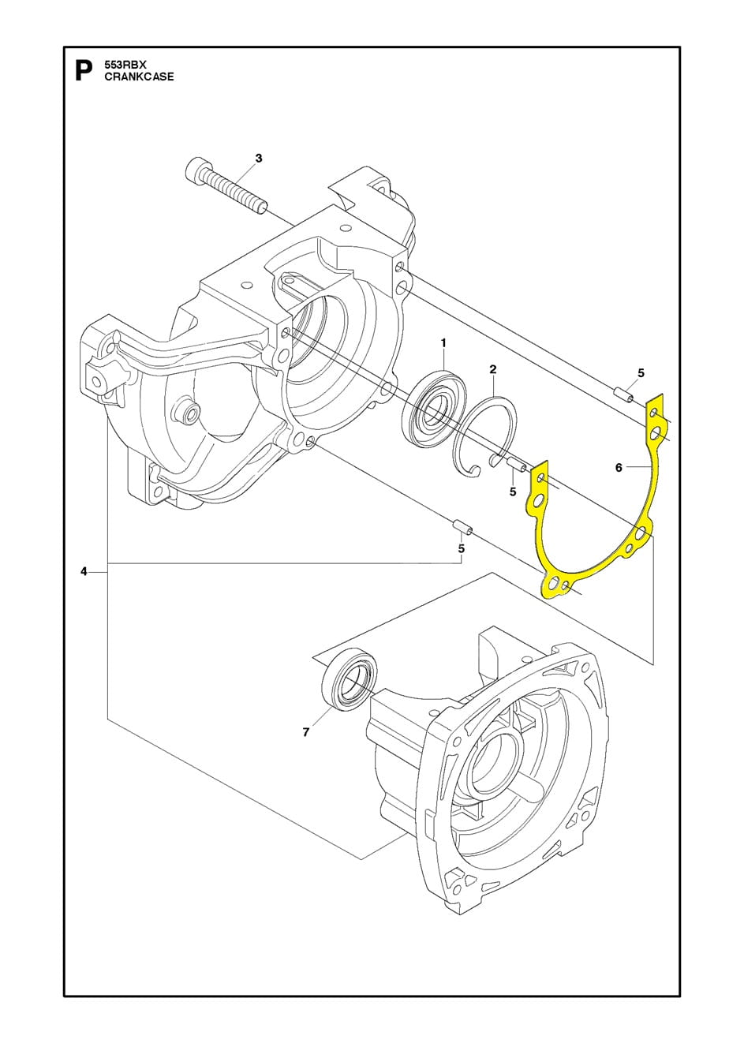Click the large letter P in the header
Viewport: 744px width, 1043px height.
82,71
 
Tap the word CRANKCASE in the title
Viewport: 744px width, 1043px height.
139,77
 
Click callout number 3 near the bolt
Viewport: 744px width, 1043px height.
258,159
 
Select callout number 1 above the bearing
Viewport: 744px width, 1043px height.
443,342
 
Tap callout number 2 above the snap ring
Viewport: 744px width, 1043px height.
492,368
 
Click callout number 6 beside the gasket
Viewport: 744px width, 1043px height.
619,467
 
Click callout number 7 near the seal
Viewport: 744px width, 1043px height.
305,732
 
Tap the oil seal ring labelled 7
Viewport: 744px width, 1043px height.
349,679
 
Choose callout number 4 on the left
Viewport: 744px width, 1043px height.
84,571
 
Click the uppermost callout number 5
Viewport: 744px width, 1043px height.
641,372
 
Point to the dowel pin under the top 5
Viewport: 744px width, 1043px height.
623,393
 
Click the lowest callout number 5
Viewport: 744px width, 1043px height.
462,548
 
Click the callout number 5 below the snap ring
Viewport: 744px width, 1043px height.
513,492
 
